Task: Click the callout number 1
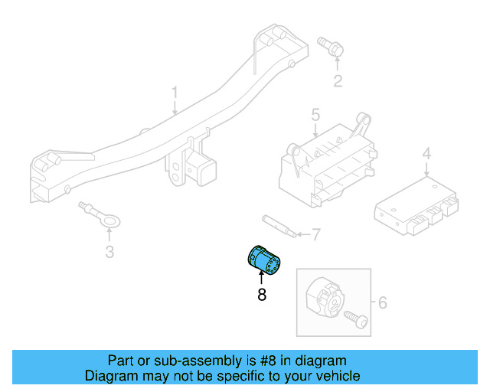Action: click(x=175, y=93)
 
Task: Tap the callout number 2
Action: click(x=338, y=81)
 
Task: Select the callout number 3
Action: click(x=109, y=252)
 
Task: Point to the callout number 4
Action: click(x=426, y=154)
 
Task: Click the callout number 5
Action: click(x=315, y=115)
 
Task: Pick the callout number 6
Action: click(x=383, y=302)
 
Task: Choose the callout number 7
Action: click(x=316, y=234)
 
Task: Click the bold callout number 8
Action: click(x=262, y=294)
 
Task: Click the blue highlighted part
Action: click(x=264, y=261)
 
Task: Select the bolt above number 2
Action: click(x=331, y=47)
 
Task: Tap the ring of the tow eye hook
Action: click(x=110, y=221)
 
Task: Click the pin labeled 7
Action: click(x=279, y=226)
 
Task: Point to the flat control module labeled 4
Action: click(x=416, y=206)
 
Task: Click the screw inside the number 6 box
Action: click(x=356, y=319)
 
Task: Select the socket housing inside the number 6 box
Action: click(x=325, y=296)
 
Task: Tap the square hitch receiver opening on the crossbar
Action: click(x=207, y=173)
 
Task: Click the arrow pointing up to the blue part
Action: click(x=262, y=278)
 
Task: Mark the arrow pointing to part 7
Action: click(x=303, y=234)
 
